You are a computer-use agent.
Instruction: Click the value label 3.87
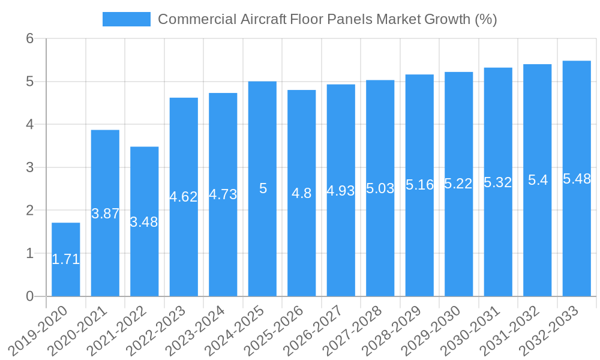pyautogui.click(x=105, y=214)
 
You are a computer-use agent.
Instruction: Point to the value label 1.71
pyautogui.click(x=65, y=260)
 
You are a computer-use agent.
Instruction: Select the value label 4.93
pyautogui.click(x=341, y=191)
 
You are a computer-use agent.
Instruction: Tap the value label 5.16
pyautogui.click(x=419, y=185)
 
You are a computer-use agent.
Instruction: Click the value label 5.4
pyautogui.click(x=538, y=180)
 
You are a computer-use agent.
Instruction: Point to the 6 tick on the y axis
pyautogui.click(x=31, y=39)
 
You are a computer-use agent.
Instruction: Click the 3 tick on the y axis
pyautogui.click(x=31, y=167)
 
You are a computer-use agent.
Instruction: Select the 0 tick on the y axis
pyautogui.click(x=31, y=296)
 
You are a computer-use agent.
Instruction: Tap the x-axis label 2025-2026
pyautogui.click(x=278, y=331)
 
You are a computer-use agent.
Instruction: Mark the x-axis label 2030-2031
pyautogui.click(x=475, y=331)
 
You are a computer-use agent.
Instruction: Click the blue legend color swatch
pyautogui.click(x=127, y=19)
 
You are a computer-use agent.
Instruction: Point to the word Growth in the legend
pyautogui.click(x=447, y=19)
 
